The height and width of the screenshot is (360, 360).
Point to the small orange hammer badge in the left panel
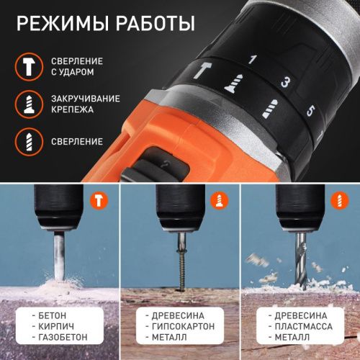97,198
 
